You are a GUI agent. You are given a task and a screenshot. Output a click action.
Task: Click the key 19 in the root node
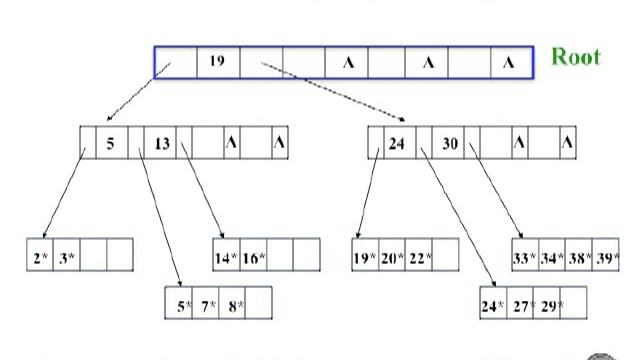click(x=217, y=62)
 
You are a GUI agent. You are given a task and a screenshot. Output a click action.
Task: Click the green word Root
click(x=576, y=55)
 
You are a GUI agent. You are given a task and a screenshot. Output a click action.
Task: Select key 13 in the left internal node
click(x=162, y=143)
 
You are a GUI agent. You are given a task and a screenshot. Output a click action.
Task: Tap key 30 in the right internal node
click(x=450, y=143)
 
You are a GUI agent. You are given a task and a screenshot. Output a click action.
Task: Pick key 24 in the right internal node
click(x=396, y=143)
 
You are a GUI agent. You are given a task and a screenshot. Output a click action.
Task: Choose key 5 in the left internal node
click(x=111, y=143)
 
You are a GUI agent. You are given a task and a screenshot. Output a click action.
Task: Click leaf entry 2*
click(x=40, y=257)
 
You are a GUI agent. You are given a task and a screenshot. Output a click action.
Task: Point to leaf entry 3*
click(x=66, y=257)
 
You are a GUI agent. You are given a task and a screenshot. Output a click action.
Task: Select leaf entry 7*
click(x=207, y=305)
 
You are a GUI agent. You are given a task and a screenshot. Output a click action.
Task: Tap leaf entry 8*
click(x=234, y=305)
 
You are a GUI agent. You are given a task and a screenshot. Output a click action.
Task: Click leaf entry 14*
click(x=226, y=257)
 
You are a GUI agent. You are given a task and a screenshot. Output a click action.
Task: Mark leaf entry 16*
click(x=254, y=257)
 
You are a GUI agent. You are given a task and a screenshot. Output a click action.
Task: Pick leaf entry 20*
click(x=392, y=257)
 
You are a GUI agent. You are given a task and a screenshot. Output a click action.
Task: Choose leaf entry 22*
click(x=419, y=257)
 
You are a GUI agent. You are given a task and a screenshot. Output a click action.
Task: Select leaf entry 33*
click(x=526, y=257)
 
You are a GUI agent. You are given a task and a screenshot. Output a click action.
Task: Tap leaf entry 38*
click(x=579, y=257)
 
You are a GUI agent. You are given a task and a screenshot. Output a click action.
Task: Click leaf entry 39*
click(x=605, y=257)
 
